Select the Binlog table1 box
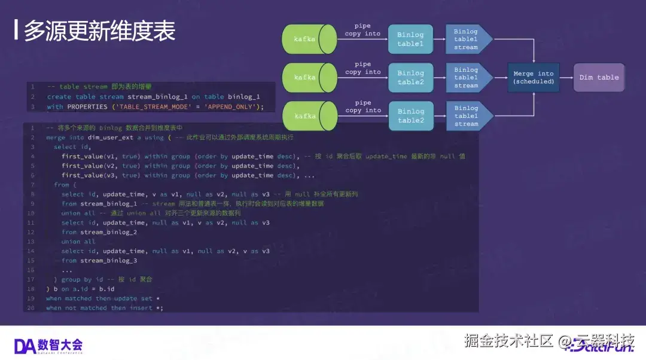pos(410,39)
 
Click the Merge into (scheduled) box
pos(534,78)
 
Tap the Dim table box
pos(599,78)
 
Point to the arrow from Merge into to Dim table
pos(566,78)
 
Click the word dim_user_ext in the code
pos(110,138)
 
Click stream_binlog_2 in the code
pos(108,232)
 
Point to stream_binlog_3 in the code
pos(108,261)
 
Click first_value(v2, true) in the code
pos(100,166)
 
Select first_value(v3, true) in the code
pos(100,176)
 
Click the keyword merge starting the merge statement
pos(56,138)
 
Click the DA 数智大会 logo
pos(48,345)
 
